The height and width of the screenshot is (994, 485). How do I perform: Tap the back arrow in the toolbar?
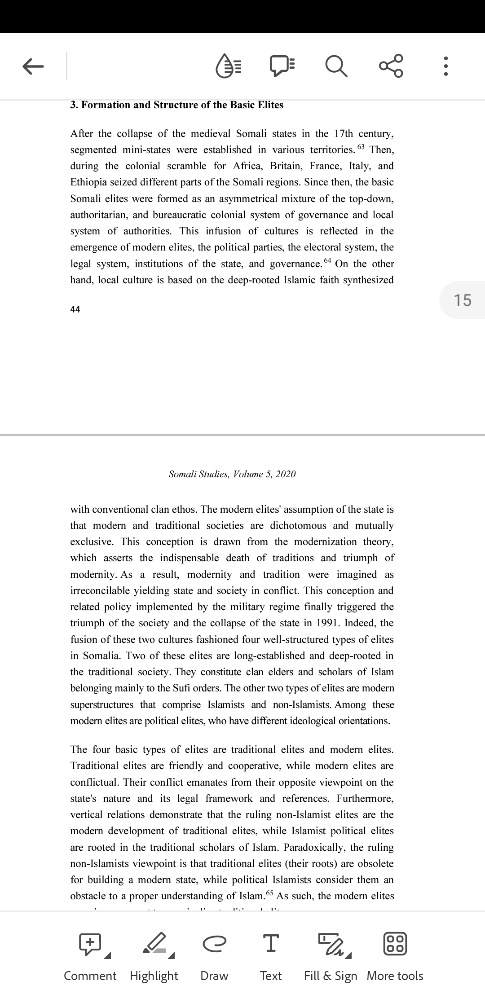click(33, 66)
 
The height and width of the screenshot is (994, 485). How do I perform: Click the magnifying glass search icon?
click(336, 66)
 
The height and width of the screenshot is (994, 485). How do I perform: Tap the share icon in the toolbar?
click(391, 66)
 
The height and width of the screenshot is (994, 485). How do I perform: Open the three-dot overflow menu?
click(445, 66)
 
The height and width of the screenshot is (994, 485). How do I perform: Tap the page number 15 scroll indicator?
click(463, 300)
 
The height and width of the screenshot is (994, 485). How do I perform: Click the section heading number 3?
click(74, 105)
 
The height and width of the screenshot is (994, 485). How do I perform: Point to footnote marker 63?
click(362, 147)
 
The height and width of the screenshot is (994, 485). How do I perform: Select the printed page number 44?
click(75, 309)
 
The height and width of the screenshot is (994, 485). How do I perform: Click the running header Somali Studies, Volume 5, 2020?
click(232, 474)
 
